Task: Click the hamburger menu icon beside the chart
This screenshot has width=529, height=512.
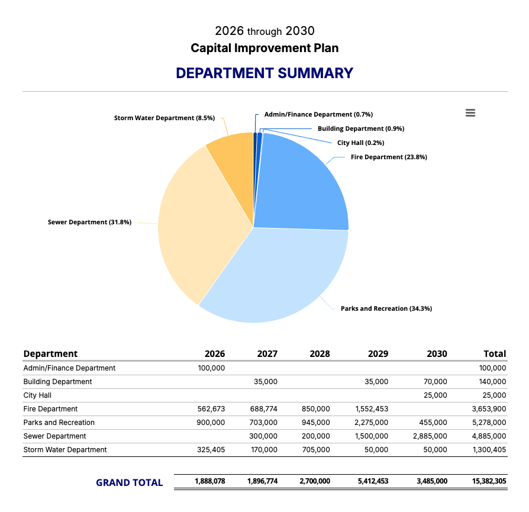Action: pos(470,113)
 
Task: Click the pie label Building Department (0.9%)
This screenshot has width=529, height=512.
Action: pos(361,128)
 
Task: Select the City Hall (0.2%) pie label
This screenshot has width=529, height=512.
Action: pos(361,143)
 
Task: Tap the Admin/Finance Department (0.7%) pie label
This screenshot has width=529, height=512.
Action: pos(318,114)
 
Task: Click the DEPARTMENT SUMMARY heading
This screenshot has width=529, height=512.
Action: pos(264,73)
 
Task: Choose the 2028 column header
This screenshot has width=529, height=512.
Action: pos(320,354)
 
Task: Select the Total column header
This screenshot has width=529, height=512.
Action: pos(495,354)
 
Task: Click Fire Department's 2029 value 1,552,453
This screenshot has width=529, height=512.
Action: pos(372,409)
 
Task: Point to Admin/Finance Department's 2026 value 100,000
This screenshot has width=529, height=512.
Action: pos(211,368)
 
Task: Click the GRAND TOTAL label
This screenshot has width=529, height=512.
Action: pos(129,482)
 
